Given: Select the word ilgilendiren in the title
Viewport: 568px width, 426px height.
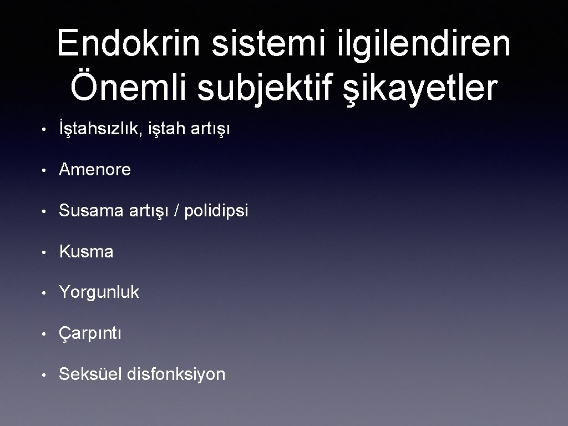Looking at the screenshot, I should [424, 44].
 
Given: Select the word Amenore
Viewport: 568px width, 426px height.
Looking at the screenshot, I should [95, 170].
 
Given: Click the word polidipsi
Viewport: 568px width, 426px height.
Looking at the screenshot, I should [215, 211].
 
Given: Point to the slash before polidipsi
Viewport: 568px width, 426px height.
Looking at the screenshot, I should [176, 211].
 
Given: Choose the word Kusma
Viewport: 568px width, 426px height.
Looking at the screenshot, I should [86, 252].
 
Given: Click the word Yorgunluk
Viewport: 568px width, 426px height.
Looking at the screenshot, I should [99, 292].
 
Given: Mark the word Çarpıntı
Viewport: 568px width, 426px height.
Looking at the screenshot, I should [90, 333].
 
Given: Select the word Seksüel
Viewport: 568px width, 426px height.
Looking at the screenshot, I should [90, 374].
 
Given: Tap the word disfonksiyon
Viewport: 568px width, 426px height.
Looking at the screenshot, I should [176, 374].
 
